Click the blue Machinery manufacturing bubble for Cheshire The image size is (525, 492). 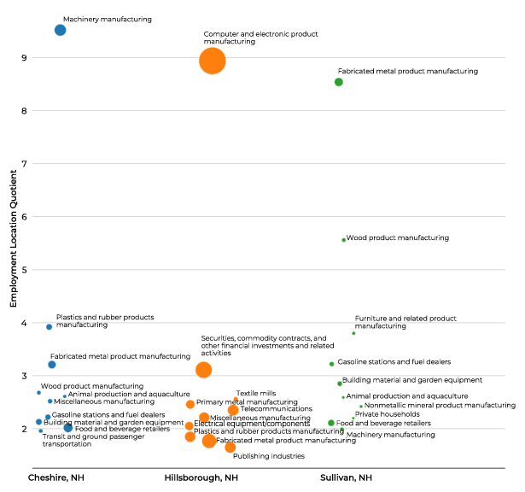[x=60, y=30]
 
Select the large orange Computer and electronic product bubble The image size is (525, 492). [x=213, y=61]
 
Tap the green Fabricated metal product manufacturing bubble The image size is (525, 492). [x=339, y=82]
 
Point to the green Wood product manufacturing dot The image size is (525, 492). [x=344, y=240]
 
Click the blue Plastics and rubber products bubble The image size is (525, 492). [x=50, y=326]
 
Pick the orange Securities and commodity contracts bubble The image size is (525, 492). [x=203, y=370]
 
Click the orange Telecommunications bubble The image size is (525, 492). [x=233, y=410]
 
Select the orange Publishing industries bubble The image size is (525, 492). [x=230, y=447]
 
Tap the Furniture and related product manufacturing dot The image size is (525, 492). [x=353, y=333]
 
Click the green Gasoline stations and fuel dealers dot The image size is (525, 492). [x=331, y=364]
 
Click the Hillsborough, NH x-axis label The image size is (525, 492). [x=201, y=477]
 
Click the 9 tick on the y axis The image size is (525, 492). [x=25, y=58]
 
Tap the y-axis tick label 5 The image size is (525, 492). [x=25, y=270]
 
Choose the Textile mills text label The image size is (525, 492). [x=255, y=393]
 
